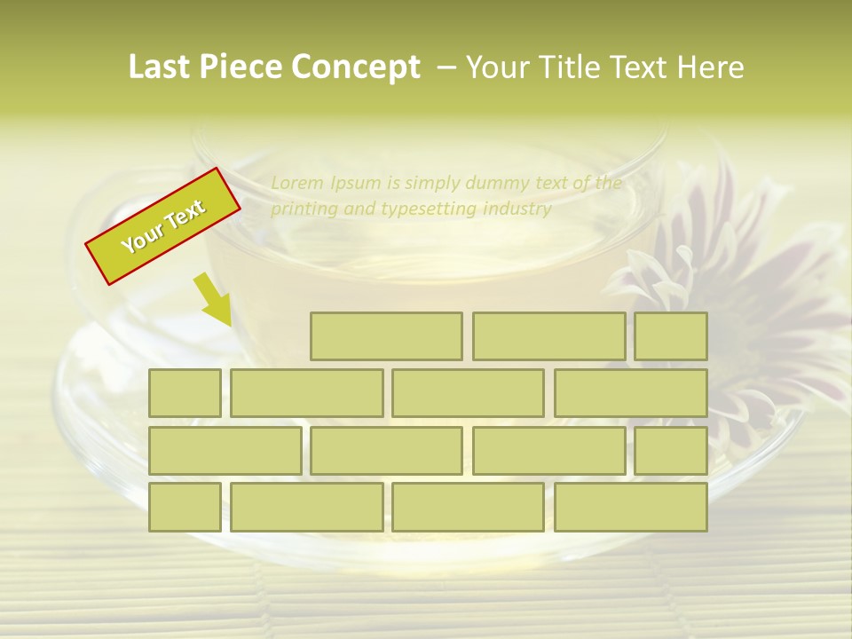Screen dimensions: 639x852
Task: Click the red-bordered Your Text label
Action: [x=162, y=226]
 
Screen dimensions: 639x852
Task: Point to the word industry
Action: [x=517, y=209]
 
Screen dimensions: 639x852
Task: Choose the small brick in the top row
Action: [x=671, y=336]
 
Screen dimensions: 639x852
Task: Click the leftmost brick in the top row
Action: [x=386, y=336]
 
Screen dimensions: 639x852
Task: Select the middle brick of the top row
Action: [x=548, y=336]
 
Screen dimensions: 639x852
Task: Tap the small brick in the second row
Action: [x=185, y=393]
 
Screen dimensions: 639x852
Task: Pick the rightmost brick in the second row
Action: [x=631, y=393]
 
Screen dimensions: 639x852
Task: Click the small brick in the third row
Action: [x=671, y=451]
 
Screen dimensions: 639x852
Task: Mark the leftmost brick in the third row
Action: [x=225, y=451]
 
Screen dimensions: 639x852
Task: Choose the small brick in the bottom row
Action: [x=185, y=508]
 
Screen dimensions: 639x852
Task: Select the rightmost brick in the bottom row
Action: [x=631, y=508]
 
